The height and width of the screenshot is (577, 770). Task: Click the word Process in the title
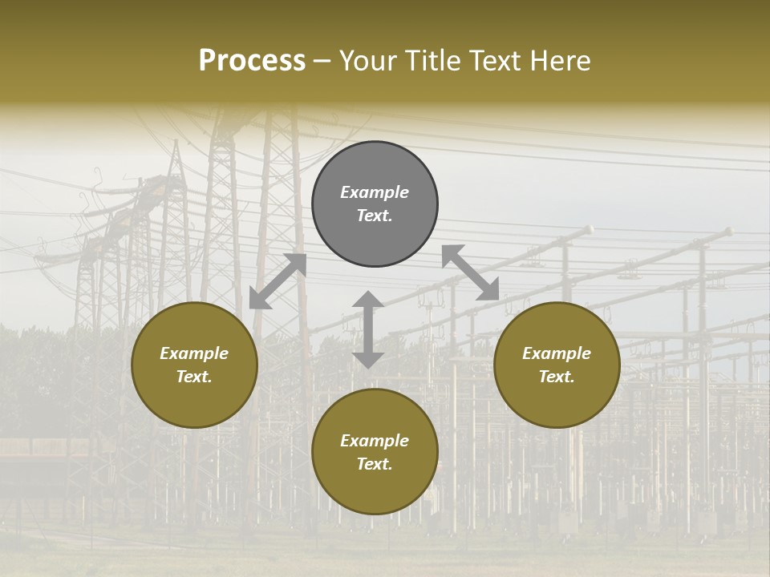[x=252, y=61]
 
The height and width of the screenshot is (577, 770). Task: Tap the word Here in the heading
[x=559, y=61]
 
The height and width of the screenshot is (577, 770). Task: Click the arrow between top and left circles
[x=278, y=281]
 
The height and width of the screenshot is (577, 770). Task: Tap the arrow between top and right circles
[x=470, y=272]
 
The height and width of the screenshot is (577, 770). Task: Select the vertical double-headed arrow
[x=368, y=329]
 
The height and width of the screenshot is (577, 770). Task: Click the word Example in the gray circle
[x=375, y=192]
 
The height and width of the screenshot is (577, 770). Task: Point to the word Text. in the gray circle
[x=375, y=216]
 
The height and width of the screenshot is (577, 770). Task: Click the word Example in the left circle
[x=194, y=353]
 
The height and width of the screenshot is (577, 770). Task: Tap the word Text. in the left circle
[x=194, y=377]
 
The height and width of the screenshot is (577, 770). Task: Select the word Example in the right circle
[x=557, y=353]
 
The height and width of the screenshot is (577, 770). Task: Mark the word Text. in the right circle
[x=557, y=377]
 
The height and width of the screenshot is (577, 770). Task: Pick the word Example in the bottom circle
[x=375, y=441]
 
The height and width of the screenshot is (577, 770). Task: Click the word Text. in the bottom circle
[x=375, y=464]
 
